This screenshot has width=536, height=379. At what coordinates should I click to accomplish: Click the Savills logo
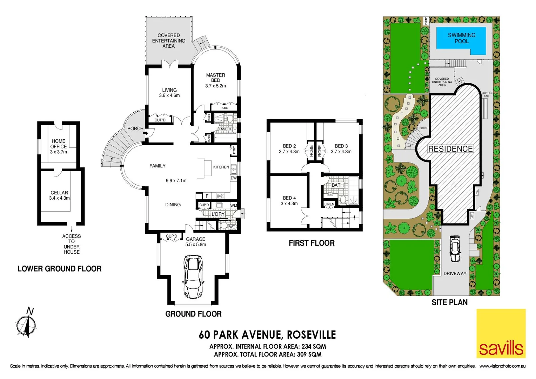(x=501, y=333)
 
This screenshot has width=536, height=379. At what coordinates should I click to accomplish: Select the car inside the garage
(x=193, y=277)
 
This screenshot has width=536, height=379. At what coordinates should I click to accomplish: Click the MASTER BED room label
(x=215, y=78)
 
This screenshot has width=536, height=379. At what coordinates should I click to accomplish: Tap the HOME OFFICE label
(x=58, y=144)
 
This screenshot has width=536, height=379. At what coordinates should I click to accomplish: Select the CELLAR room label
(x=59, y=193)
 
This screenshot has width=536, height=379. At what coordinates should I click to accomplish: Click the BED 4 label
(x=289, y=198)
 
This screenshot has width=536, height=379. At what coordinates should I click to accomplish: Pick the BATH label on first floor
(x=337, y=185)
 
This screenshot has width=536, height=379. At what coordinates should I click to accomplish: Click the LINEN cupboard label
(x=329, y=204)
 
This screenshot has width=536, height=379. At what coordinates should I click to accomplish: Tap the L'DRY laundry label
(x=218, y=214)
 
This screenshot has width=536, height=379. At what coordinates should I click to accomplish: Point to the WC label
(x=232, y=227)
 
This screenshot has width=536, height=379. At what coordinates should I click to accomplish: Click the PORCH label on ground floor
(x=135, y=128)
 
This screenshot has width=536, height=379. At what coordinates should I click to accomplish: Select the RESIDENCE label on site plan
(x=450, y=149)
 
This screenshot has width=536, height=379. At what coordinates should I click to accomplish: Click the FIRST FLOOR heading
(x=311, y=243)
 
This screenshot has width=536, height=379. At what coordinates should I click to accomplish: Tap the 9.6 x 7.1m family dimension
(x=176, y=181)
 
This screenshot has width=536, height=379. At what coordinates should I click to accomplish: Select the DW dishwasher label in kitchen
(x=234, y=178)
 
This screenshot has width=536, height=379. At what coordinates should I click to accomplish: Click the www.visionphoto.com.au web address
(x=502, y=366)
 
